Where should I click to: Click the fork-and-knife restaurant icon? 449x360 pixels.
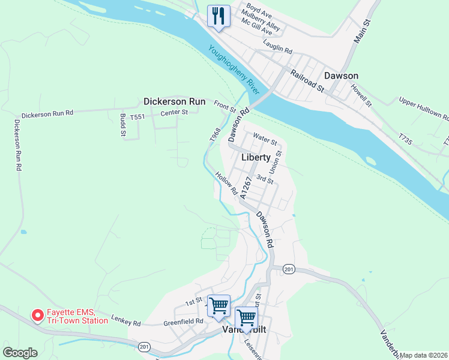218,16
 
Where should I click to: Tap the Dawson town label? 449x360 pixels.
341,76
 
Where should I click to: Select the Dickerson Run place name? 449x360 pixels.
174,101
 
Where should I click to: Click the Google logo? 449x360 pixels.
20,353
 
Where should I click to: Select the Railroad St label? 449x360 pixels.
307,80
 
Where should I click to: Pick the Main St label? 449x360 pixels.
363,29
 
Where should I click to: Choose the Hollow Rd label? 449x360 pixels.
227,184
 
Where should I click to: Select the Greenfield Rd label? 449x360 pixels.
183,322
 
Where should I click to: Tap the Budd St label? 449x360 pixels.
122,125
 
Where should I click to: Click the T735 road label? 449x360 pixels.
405,140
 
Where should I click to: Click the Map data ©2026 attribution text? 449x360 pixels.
423,355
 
